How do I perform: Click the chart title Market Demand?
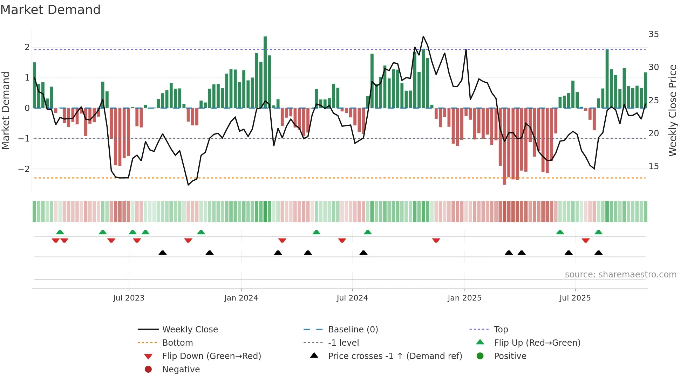pyautogui.click(x=50, y=10)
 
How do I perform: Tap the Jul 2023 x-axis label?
pyautogui.click(x=129, y=298)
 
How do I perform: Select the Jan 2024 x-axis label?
pyautogui.click(x=241, y=298)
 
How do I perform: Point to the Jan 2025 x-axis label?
pyautogui.click(x=464, y=298)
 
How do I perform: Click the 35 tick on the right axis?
pyautogui.click(x=653, y=34)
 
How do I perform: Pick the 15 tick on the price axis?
pyautogui.click(x=653, y=166)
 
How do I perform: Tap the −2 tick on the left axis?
pyautogui.click(x=24, y=169)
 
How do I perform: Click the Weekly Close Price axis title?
pyautogui.click(x=672, y=110)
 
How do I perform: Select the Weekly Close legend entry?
pyautogui.click(x=190, y=330)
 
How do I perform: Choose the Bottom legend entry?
pyautogui.click(x=177, y=343)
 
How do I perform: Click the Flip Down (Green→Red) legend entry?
pyautogui.click(x=211, y=356)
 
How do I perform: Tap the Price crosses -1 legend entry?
pyautogui.click(x=395, y=356)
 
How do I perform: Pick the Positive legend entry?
pyautogui.click(x=510, y=356)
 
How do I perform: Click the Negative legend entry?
pyautogui.click(x=181, y=370)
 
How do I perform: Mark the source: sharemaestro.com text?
pyautogui.click(x=620, y=275)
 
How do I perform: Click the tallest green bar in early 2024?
pyautogui.click(x=265, y=72)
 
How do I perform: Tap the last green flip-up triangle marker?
pyautogui.click(x=598, y=232)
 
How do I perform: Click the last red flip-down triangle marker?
pyautogui.click(x=585, y=240)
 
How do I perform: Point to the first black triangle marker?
pyautogui.click(x=163, y=253)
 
